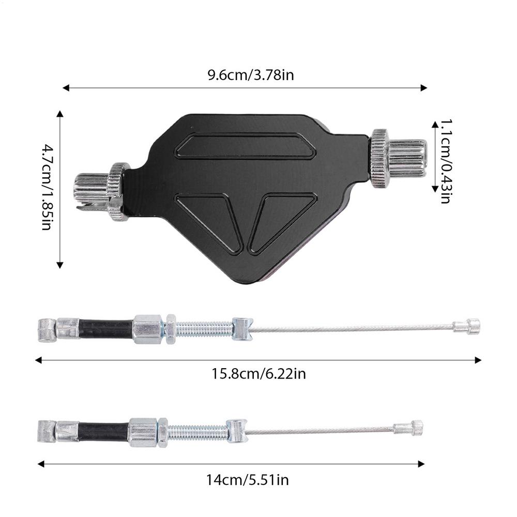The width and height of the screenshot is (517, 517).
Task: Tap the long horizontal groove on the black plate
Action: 245,145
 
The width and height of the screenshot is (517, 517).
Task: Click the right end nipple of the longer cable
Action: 467,326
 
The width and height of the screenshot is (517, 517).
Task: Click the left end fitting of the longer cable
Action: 47,330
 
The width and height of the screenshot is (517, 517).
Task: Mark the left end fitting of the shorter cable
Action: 47,431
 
